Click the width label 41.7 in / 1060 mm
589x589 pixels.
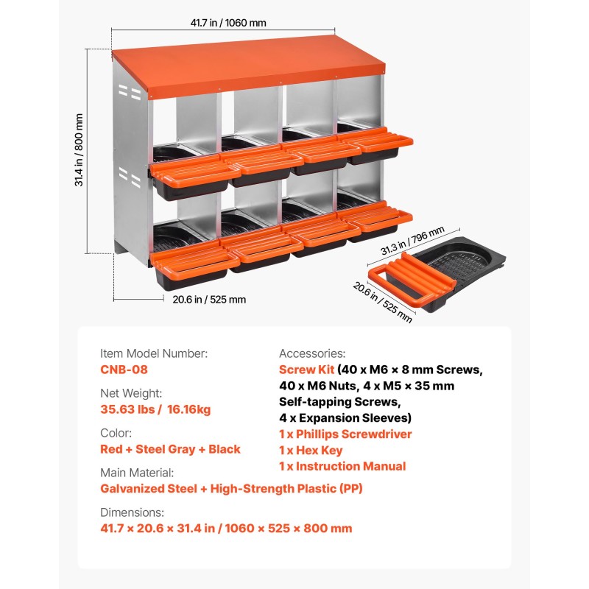pyautogui.click(x=228, y=23)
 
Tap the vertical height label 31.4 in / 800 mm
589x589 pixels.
pyautogui.click(x=79, y=150)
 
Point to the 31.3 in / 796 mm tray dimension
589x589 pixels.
pyautogui.click(x=412, y=241)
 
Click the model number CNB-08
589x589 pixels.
pyautogui.click(x=124, y=370)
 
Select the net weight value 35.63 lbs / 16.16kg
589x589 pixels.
pyautogui.click(x=155, y=409)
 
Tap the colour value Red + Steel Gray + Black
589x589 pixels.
pyautogui.click(x=170, y=449)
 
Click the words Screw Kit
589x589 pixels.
pyautogui.click(x=306, y=370)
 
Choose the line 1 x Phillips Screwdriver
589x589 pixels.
pyautogui.click(x=345, y=434)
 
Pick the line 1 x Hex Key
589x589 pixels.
pyautogui.click(x=311, y=451)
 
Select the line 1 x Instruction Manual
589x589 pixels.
pyautogui.click(x=342, y=466)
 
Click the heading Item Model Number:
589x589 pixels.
pyautogui.click(x=154, y=353)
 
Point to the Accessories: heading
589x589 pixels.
pyautogui.click(x=312, y=353)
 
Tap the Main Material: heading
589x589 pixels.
pyautogui.click(x=137, y=473)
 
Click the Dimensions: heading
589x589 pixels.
pyautogui.click(x=132, y=512)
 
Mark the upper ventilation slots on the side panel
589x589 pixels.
pyautogui.click(x=130, y=93)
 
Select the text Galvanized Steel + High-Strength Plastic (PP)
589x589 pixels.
pyautogui.click(x=231, y=489)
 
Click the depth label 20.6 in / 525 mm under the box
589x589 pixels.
pyautogui.click(x=209, y=300)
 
